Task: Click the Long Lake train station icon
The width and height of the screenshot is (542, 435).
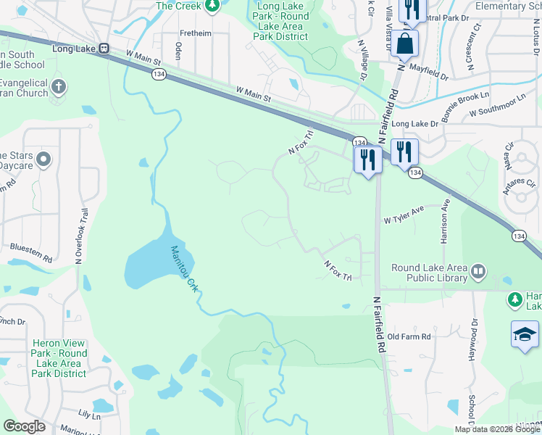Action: point(104,49)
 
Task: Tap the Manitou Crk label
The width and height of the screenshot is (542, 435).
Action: point(184,269)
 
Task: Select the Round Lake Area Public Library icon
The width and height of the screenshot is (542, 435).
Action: point(478,273)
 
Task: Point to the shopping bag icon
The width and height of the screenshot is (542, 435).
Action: point(406,42)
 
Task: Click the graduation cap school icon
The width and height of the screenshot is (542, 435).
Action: point(525,334)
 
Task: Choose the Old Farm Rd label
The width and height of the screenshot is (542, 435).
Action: point(409,337)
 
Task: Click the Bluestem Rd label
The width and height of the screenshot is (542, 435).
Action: point(30,253)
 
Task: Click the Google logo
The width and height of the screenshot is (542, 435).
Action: point(24,426)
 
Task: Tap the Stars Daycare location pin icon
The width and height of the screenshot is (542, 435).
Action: point(43,159)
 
